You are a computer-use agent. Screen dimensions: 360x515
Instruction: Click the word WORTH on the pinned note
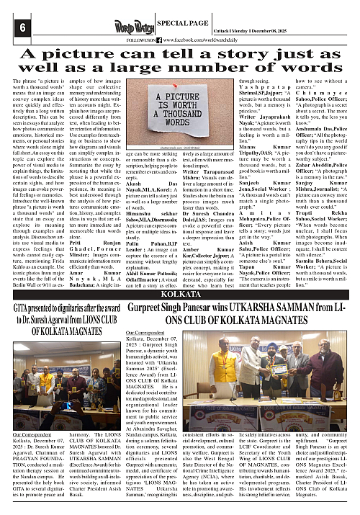(x=184, y=104)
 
